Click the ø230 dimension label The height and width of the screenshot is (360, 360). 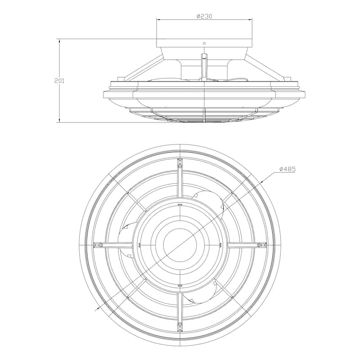[x=204, y=16]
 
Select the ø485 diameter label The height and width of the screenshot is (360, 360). [x=288, y=169]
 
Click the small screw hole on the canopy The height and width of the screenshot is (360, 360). [x=204, y=44]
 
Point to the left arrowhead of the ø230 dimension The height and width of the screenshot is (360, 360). [x=158, y=20]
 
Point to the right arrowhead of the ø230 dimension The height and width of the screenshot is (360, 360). [x=250, y=20]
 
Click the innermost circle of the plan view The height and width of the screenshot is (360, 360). [x=180, y=245]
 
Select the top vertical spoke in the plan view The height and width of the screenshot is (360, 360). [x=180, y=180]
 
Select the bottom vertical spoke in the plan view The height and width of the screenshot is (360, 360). [x=180, y=310]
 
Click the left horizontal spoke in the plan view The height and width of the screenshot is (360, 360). [x=115, y=245]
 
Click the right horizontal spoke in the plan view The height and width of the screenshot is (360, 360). [x=245, y=245]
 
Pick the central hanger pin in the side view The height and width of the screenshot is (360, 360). [x=204, y=63]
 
